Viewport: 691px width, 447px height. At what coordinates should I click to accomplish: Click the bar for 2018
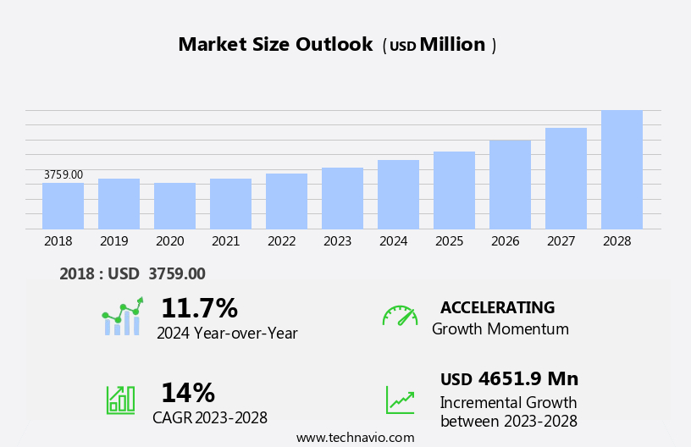pos(63,206)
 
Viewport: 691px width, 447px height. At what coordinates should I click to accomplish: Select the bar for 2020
pos(174,206)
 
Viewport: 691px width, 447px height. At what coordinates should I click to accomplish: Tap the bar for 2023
pos(342,198)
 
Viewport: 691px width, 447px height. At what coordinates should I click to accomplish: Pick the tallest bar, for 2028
pos(622,169)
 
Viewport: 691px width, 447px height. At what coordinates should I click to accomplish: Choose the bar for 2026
pos(510,185)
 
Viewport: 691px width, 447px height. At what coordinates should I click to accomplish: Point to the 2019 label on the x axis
pos(113,241)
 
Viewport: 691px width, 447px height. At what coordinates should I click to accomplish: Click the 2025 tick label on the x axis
pos(449,241)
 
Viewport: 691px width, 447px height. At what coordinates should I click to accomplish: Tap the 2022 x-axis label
pos(281,241)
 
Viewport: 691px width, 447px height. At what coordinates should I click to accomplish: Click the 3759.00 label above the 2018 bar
pos(64,175)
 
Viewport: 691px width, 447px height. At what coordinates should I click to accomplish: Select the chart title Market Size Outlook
pos(275,45)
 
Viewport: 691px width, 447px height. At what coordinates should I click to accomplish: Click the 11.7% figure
pos(199,308)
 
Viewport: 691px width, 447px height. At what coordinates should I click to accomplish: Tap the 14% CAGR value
pos(187,393)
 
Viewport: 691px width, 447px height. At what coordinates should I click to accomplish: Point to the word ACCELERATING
pos(497,308)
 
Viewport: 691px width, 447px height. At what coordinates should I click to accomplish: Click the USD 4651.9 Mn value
pos(509,379)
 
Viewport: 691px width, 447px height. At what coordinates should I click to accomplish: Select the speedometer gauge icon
pos(400,316)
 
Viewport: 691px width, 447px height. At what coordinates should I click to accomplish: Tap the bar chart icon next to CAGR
pos(120,399)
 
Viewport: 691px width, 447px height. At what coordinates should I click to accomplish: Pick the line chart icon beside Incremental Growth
pos(400,399)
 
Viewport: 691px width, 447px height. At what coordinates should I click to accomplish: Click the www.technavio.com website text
pos(355,438)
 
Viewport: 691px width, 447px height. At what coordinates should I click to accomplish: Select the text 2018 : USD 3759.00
pos(132,274)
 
